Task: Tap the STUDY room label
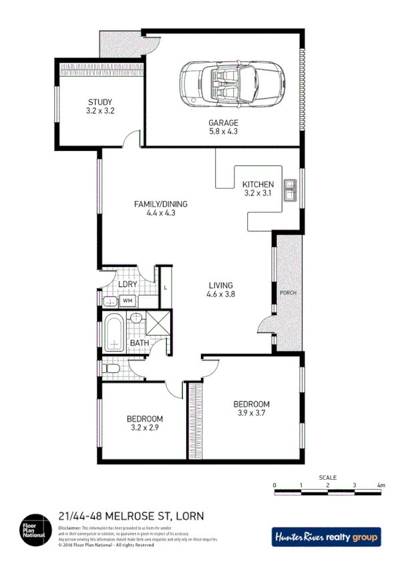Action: (x=100, y=102)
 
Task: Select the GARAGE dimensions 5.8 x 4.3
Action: (x=223, y=131)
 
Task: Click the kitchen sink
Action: (x=290, y=191)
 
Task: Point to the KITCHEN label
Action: (x=258, y=184)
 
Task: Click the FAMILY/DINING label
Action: (x=160, y=204)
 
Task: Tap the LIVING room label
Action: (x=221, y=284)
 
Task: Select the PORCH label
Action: (x=288, y=292)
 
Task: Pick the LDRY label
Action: (x=128, y=284)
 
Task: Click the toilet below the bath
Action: (x=111, y=368)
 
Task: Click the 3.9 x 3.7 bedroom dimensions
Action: (x=251, y=412)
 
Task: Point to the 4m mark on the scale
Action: (x=381, y=485)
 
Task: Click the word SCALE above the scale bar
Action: (x=327, y=477)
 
